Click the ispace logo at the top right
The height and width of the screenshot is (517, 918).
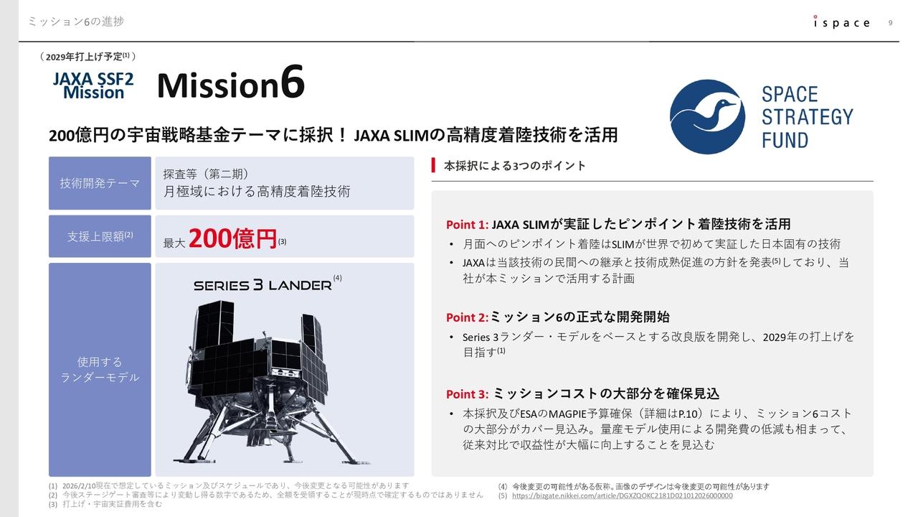point(841,22)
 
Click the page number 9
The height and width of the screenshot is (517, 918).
point(890,22)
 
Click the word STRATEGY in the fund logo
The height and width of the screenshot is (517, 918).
point(807,117)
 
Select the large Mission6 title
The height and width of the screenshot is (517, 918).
point(230,84)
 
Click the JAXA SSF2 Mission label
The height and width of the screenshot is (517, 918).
point(93,85)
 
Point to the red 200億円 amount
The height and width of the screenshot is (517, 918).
point(232,238)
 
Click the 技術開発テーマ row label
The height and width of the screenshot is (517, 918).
point(100,183)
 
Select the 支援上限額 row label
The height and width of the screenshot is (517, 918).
point(100,236)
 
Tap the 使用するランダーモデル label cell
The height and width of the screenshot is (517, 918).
point(100,369)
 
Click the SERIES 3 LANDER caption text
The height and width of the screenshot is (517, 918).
point(262,285)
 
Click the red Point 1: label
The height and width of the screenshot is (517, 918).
point(467,225)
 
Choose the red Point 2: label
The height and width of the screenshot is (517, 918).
point(467,317)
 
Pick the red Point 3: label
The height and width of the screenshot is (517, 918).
point(467,394)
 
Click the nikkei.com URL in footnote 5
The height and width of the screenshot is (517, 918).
point(622,495)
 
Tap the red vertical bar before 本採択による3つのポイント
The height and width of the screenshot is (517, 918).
point(433,166)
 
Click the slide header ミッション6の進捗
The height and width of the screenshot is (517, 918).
point(75,22)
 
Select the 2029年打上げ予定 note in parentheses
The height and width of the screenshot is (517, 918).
point(87,56)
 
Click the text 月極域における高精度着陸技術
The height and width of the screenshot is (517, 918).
point(256,192)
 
